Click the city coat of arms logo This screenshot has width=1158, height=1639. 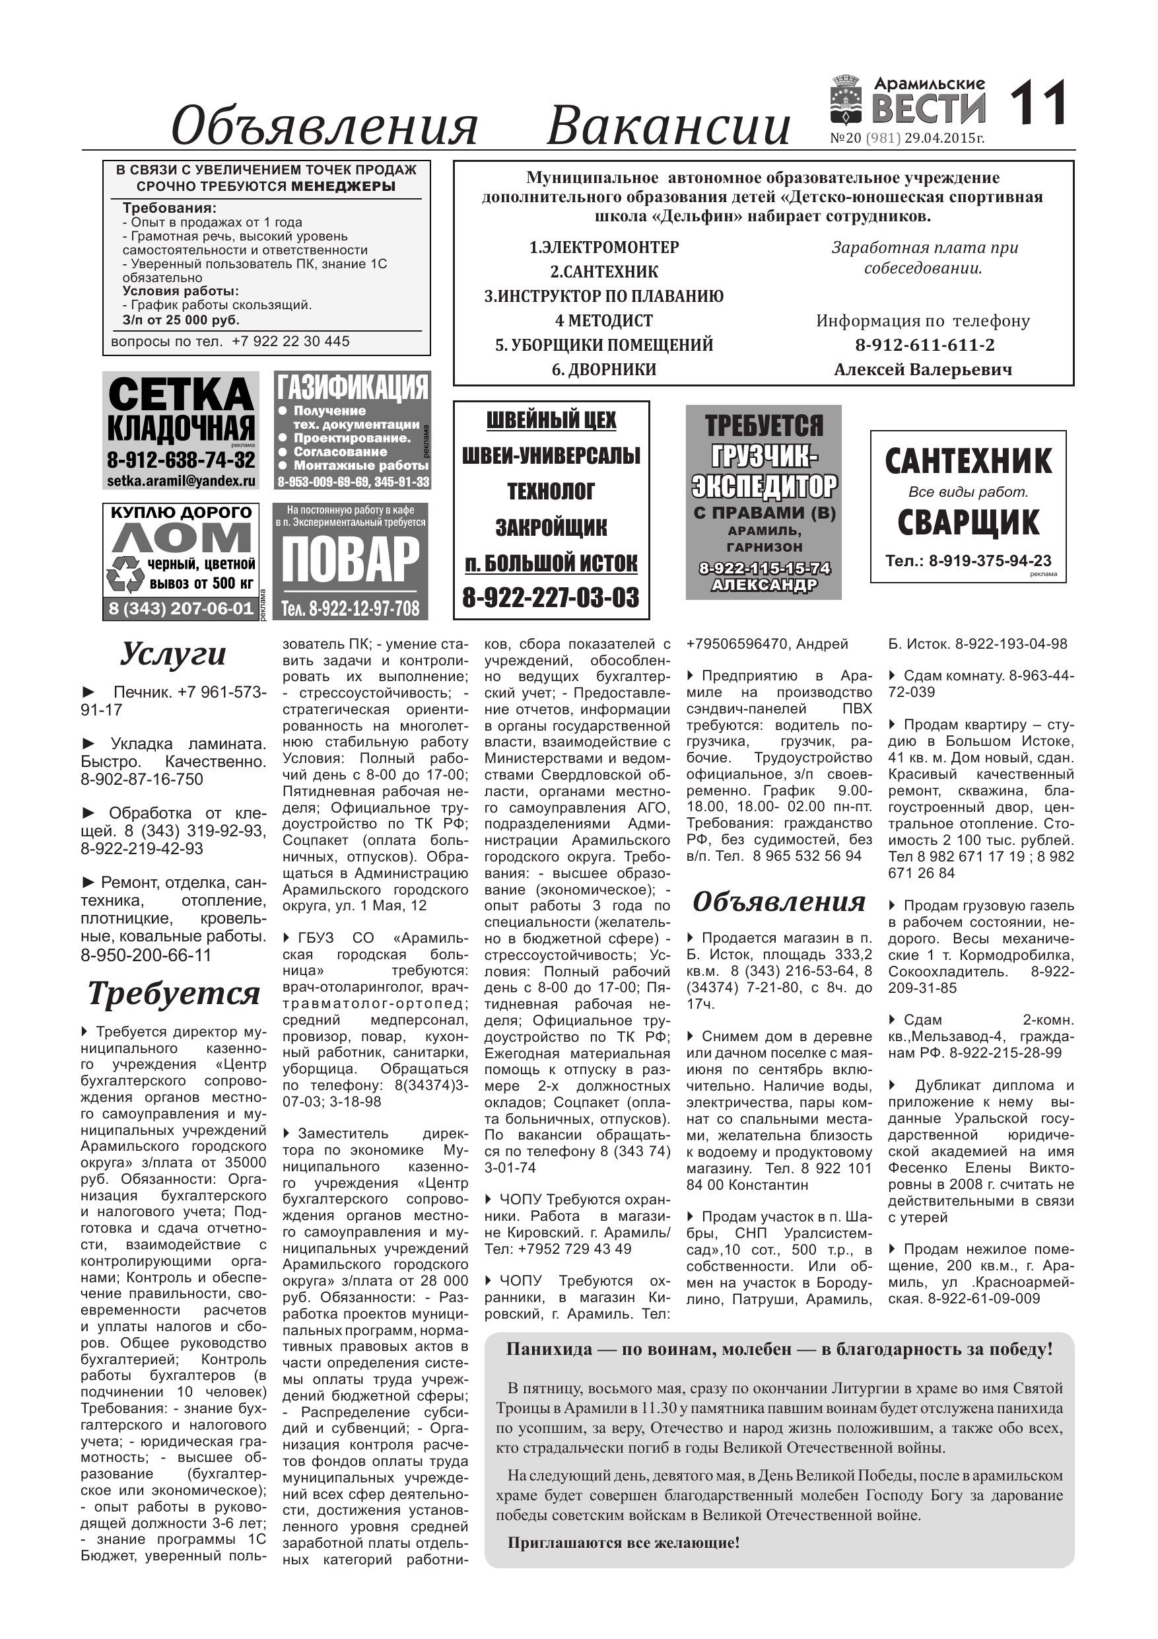[848, 101]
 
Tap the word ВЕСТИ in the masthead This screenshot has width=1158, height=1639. [928, 109]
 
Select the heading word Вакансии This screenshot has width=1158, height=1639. [668, 126]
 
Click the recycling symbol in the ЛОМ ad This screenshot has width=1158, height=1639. [125, 575]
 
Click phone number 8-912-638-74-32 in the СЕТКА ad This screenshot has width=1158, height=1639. [180, 459]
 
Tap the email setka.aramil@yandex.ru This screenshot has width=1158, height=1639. [180, 480]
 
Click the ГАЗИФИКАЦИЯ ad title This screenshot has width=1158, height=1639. [352, 388]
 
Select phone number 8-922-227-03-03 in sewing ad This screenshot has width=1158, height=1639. [551, 597]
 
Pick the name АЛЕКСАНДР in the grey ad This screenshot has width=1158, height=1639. [763, 585]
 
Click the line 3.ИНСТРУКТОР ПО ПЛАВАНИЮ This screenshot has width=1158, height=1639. [603, 296]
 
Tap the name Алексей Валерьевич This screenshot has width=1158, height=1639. [922, 370]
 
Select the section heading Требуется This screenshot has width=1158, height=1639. [174, 994]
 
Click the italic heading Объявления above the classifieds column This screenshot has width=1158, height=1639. [778, 902]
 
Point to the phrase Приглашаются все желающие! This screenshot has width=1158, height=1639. [623, 1543]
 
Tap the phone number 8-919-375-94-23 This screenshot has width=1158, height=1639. [990, 561]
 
